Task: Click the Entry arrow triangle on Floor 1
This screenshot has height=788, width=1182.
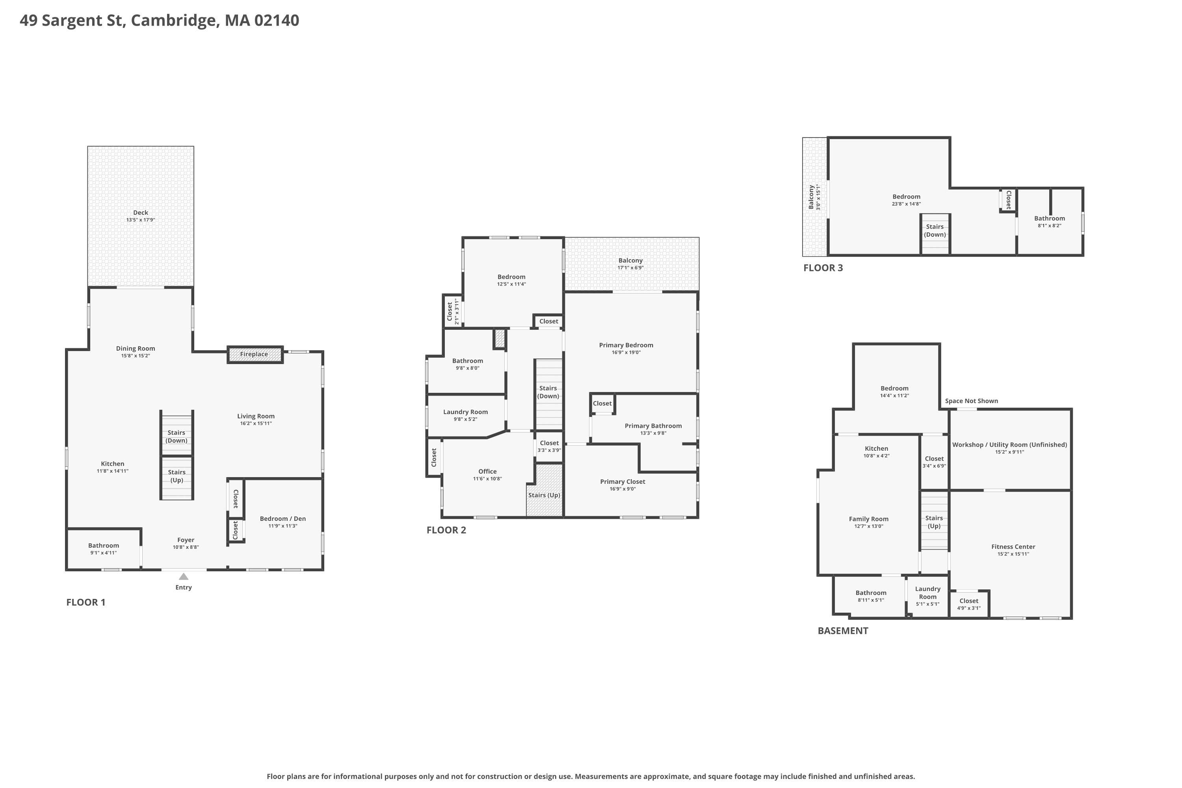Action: [184, 576]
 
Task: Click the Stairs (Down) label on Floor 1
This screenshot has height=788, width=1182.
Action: [177, 437]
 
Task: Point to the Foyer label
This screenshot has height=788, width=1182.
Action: [186, 540]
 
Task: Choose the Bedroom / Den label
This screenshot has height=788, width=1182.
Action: [283, 519]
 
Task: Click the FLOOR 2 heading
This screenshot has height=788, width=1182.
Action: [446, 530]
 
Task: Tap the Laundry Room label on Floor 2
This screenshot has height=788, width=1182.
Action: [465, 412]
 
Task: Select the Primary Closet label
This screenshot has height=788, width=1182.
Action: [623, 481]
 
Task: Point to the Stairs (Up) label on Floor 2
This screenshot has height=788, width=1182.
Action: [544, 495]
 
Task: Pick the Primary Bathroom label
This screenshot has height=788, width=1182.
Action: [653, 426]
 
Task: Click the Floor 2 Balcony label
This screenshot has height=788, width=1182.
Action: [631, 260]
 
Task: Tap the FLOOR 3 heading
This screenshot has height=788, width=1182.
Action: [823, 268]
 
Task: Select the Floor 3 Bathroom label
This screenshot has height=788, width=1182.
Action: [1050, 219]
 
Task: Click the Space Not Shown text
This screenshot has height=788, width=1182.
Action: [972, 401]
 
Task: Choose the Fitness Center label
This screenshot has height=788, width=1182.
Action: [1013, 547]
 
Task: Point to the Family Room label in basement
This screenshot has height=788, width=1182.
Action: [869, 519]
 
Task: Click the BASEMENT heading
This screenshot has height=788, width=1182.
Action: [843, 631]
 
